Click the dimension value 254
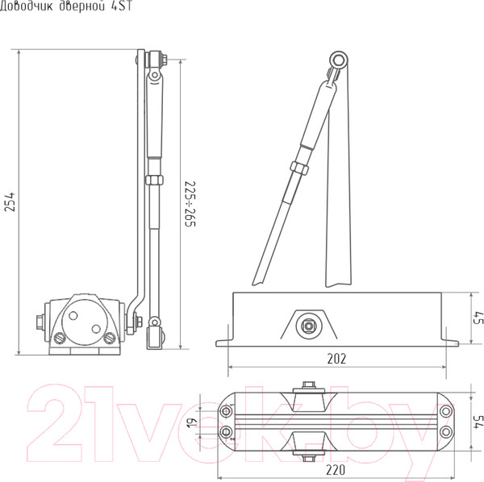[x=10, y=202]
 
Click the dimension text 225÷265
[x=190, y=204]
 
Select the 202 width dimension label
[x=336, y=359]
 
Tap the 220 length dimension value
[x=336, y=470]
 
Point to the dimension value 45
[x=478, y=318]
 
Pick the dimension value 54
[x=478, y=422]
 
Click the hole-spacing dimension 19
[x=192, y=422]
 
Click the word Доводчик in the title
[x=27, y=6]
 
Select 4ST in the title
[x=122, y=6]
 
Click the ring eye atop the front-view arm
[x=339, y=60]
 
